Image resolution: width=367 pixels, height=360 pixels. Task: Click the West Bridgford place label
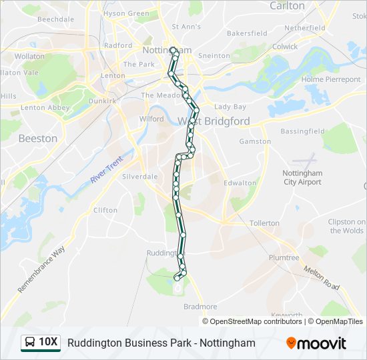[x=214, y=121]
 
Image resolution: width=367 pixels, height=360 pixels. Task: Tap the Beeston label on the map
[x=37, y=139]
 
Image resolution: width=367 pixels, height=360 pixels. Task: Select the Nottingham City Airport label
[x=302, y=177]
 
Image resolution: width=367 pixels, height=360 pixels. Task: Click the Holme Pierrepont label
[x=331, y=79]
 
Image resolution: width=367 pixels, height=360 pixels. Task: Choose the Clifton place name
[x=105, y=210]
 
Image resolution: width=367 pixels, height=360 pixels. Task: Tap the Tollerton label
[x=264, y=223]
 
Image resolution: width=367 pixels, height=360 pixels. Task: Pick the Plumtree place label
[x=284, y=257]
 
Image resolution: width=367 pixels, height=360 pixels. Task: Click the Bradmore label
[x=200, y=307]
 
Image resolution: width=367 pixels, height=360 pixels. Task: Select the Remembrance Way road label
[x=41, y=269]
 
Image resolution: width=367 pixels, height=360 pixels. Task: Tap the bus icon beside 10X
[x=30, y=343]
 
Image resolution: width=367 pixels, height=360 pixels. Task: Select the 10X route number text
[x=49, y=343]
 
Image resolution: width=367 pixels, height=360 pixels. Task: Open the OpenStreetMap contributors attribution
[x=256, y=321]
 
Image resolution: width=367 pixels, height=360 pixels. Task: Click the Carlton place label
[x=287, y=6]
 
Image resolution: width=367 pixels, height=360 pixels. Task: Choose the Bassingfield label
[x=302, y=131]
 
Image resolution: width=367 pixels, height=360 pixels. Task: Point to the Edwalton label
[x=240, y=183]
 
